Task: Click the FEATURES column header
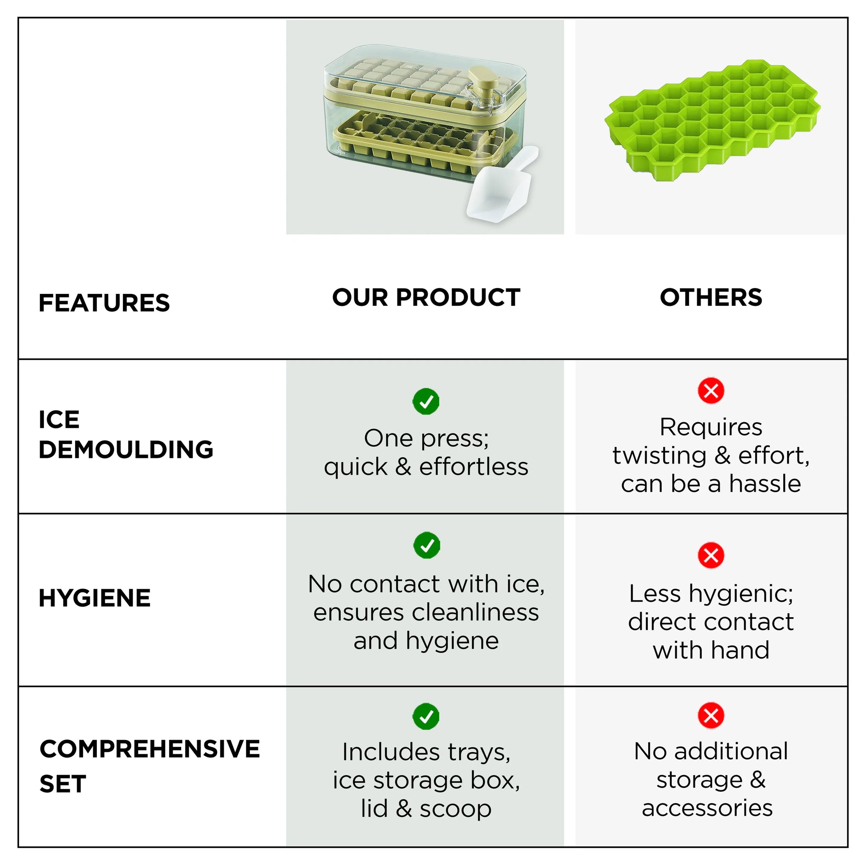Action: [x=104, y=303]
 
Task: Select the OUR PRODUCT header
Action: [x=426, y=297]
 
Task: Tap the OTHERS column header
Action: [x=711, y=297]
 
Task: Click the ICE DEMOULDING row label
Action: [x=126, y=434]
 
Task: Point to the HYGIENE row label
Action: [x=95, y=598]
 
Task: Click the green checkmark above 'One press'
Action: [x=426, y=401]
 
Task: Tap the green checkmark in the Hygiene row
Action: [x=427, y=545]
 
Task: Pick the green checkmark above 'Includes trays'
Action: [x=426, y=717]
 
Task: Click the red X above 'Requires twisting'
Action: [x=711, y=391]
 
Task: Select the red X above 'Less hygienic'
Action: [x=711, y=555]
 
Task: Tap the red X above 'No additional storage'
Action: [x=711, y=716]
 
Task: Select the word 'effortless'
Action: [x=474, y=468]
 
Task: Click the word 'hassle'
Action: [x=765, y=484]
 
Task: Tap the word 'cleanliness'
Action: [x=476, y=612]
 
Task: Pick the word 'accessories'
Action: [x=707, y=808]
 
